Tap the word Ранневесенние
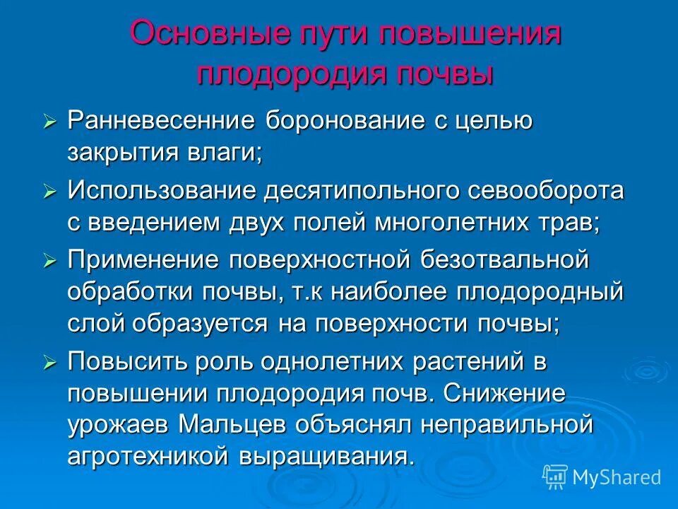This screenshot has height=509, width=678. pos(160,120)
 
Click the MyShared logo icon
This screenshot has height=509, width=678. pos(555,477)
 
